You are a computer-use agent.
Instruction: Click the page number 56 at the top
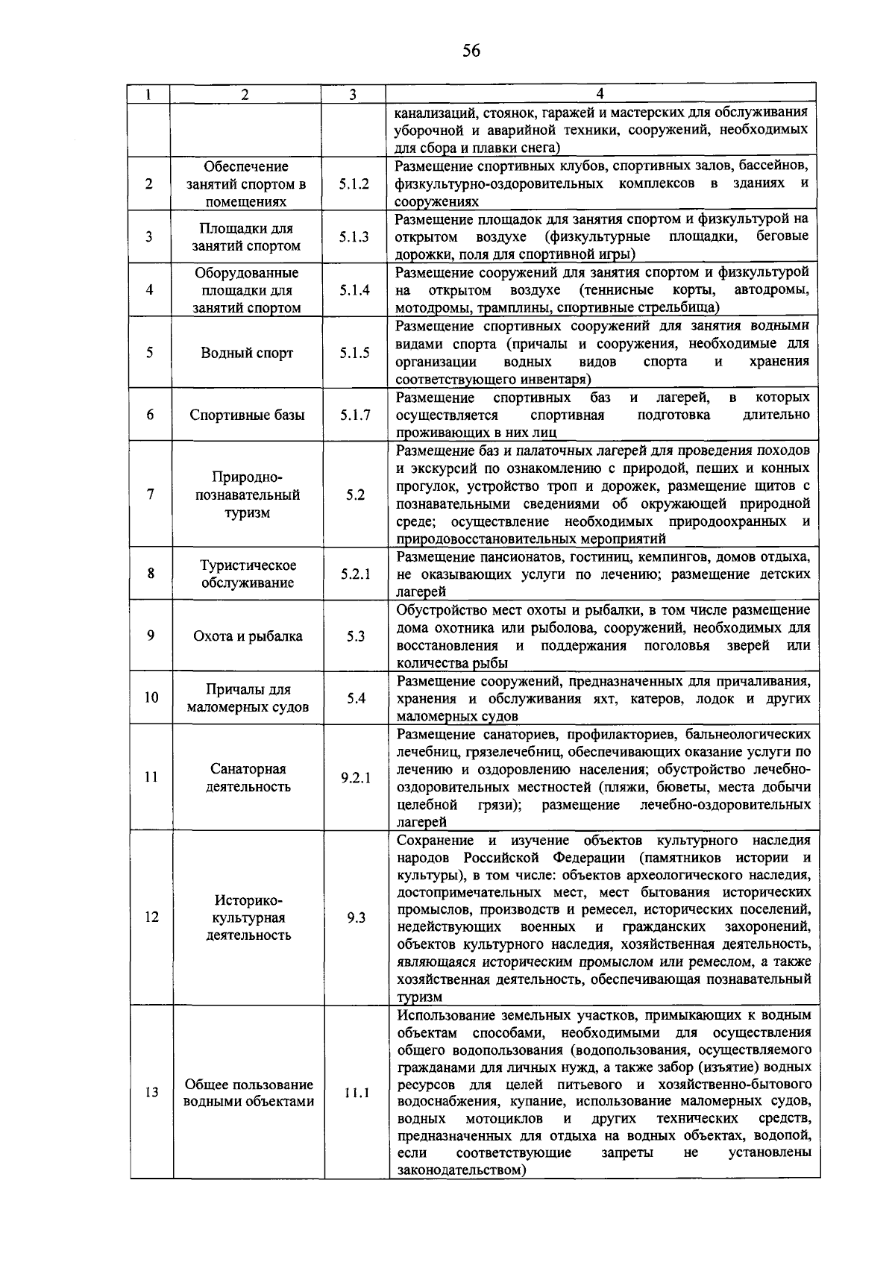(471, 51)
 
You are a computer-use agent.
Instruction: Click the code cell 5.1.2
(354, 183)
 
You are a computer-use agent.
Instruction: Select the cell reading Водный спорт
(247, 353)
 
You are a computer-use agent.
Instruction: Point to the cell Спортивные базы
(247, 415)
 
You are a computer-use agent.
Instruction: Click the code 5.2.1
(355, 574)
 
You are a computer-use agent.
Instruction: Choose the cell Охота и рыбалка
(248, 636)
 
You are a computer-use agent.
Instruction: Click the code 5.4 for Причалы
(356, 698)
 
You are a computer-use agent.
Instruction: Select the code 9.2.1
(355, 777)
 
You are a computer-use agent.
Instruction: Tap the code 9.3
(356, 917)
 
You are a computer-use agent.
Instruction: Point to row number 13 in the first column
(151, 1093)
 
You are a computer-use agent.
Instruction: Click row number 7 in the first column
(151, 495)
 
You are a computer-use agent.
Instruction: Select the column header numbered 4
(600, 94)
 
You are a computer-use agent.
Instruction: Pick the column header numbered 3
(353, 94)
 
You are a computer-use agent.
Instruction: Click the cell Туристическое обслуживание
(248, 574)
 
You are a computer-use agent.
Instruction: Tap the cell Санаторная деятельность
(248, 777)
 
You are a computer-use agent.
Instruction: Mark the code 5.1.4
(354, 290)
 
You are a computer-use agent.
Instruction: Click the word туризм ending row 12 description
(419, 997)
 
